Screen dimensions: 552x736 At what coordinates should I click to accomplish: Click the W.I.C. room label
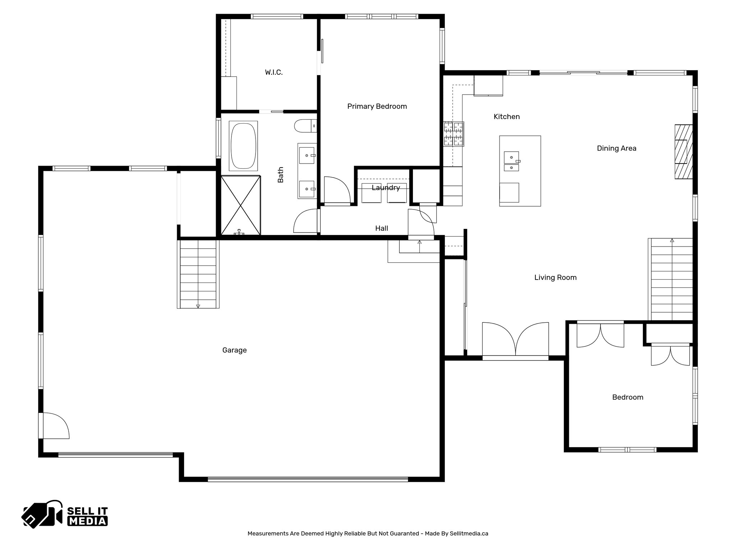[274, 72]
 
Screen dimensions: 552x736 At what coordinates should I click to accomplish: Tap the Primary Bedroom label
[377, 106]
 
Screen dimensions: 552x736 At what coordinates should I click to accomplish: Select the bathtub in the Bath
[243, 146]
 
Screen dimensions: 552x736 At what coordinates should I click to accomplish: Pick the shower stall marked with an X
[240, 205]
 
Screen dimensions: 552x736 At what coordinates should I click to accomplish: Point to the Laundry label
[386, 188]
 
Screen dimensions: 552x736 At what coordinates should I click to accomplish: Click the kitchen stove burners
[454, 134]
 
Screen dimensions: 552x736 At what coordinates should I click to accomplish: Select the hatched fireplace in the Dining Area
[683, 151]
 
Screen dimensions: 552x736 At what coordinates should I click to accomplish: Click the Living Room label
[555, 277]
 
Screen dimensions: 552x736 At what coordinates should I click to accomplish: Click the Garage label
[234, 350]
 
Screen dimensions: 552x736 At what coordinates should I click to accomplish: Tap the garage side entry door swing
[55, 425]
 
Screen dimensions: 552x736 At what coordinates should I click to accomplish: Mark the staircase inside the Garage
[198, 274]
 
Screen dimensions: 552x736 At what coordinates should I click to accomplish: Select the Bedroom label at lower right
[627, 397]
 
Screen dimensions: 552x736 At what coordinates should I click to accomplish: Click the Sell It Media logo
[65, 514]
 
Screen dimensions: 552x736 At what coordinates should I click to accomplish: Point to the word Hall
[381, 228]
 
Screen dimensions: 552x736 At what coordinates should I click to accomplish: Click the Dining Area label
[616, 148]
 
